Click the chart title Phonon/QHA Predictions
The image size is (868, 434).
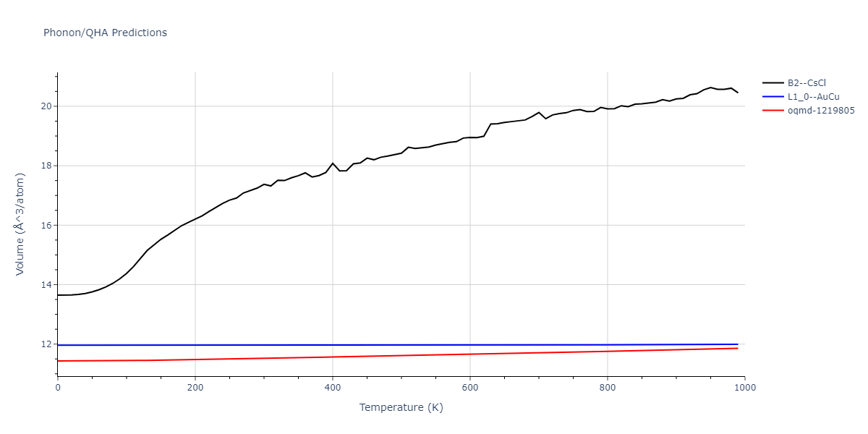[105, 33]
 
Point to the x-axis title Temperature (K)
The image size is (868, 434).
[401, 407]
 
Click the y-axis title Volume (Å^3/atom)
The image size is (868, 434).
[20, 224]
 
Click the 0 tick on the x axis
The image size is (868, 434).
[58, 388]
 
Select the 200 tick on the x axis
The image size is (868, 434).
[195, 388]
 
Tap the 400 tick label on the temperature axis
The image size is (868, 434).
[333, 388]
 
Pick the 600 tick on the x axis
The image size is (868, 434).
[470, 388]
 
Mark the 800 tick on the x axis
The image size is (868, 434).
[608, 388]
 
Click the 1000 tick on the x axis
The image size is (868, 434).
[744, 388]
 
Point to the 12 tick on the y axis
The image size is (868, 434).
[47, 344]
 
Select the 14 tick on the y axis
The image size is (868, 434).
[47, 285]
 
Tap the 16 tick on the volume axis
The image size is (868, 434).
[47, 226]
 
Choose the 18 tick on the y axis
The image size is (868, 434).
[47, 166]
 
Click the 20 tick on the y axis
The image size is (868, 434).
[47, 106]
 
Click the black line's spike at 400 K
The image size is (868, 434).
[333, 163]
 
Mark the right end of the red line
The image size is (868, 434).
[738, 348]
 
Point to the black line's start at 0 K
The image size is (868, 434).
[58, 295]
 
